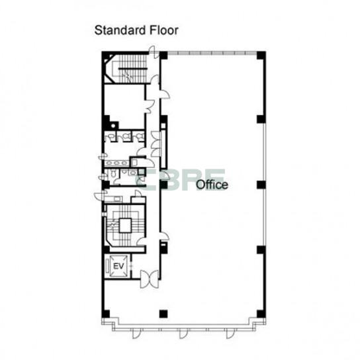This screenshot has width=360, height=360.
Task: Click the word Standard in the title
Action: coord(120,30)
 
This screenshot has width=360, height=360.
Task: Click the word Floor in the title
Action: coord(164,30)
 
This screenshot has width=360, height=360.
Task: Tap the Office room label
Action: coord(212,185)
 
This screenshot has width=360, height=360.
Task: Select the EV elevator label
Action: coord(118,266)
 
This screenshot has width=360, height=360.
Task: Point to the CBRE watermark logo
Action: coord(181,180)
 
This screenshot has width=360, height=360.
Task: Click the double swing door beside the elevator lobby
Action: coord(150,279)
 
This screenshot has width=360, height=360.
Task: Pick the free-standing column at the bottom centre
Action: coord(163,314)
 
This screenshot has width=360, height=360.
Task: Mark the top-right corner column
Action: coord(261,56)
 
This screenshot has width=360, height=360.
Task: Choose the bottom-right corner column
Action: coord(261,314)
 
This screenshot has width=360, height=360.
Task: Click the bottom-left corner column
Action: coord(106,314)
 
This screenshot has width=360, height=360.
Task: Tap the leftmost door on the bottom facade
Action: coord(136,334)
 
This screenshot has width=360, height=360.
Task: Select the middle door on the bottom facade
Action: coord(183,334)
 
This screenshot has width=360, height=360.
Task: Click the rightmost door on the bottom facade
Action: coord(230,334)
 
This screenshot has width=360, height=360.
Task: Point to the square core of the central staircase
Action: coord(125,226)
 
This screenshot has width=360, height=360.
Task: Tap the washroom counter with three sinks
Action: coord(116,163)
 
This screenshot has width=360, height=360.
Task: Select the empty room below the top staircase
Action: coord(124,106)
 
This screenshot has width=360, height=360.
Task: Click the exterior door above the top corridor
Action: coord(154,52)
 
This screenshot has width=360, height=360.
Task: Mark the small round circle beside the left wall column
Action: coord(113,126)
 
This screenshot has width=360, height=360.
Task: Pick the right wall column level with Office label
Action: coord(261,185)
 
